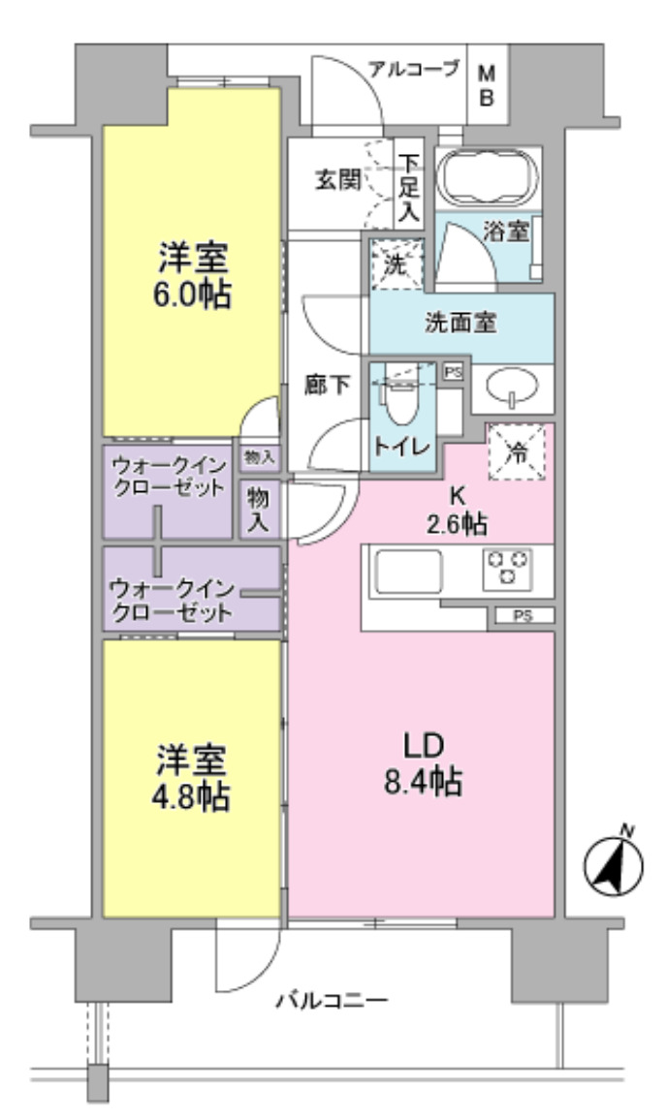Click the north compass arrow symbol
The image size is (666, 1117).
[x=613, y=865]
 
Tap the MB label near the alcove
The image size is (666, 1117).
[x=487, y=85]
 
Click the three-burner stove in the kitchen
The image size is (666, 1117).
[x=506, y=568]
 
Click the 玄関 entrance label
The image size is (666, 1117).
[x=336, y=181]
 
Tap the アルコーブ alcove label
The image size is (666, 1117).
[x=413, y=70]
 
